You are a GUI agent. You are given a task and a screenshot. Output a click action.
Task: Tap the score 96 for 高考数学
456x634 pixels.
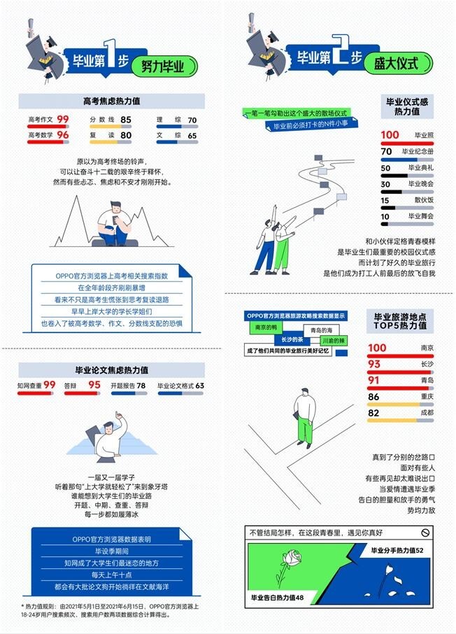pyautogui.click(x=63, y=134)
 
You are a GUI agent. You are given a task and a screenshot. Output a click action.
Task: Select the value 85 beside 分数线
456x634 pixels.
pyautogui.click(x=126, y=120)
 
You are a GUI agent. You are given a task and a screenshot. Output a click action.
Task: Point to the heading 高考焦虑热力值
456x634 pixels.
pyautogui.click(x=111, y=101)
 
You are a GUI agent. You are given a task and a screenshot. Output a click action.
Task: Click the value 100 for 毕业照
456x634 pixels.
pyautogui.click(x=390, y=134)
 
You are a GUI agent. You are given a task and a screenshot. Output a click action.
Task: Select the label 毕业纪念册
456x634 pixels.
pyautogui.click(x=418, y=151)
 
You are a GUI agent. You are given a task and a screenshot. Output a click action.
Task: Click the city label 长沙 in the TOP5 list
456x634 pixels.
pyautogui.click(x=427, y=364)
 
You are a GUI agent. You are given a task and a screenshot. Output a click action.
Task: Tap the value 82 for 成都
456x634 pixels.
pyautogui.click(x=378, y=413)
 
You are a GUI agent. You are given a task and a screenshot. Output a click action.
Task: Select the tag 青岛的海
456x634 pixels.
pyautogui.click(x=322, y=330)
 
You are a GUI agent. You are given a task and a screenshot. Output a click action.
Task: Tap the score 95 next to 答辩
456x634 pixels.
pyautogui.click(x=94, y=385)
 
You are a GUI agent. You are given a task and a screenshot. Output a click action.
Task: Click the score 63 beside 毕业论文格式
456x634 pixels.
pyautogui.click(x=199, y=386)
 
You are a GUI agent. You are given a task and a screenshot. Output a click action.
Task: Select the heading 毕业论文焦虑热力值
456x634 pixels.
pyautogui.click(x=111, y=369)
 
